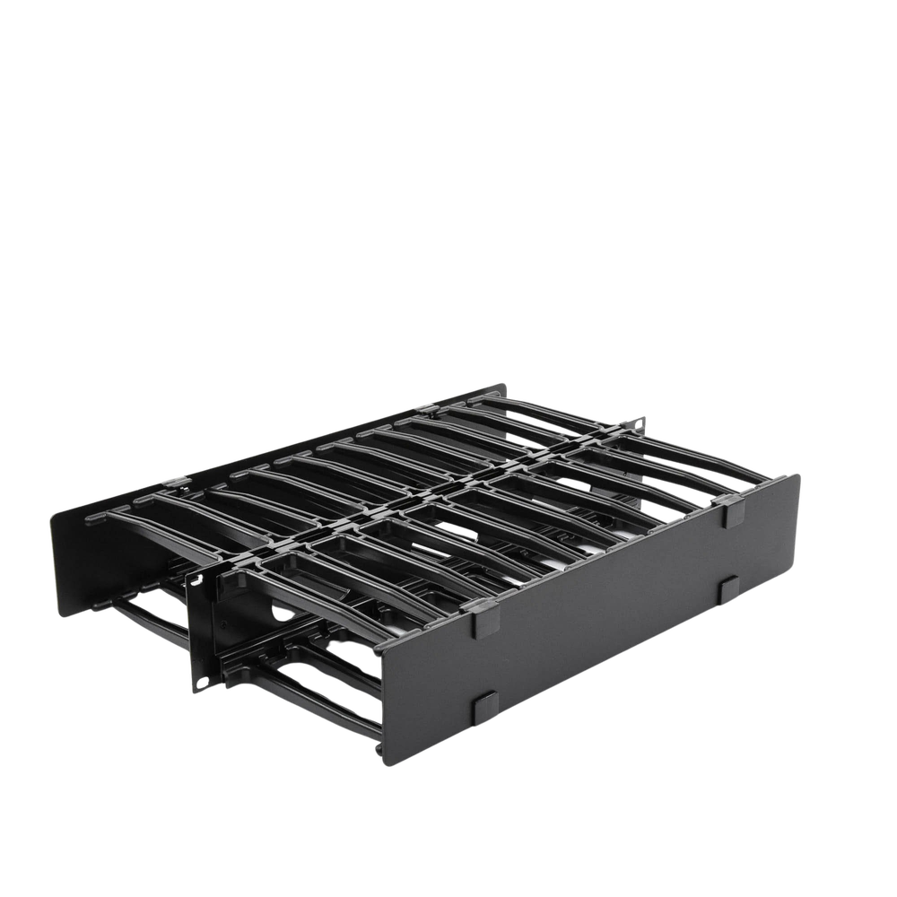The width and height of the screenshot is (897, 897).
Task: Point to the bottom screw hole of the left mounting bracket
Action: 202,684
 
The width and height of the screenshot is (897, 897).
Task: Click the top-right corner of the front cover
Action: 798,473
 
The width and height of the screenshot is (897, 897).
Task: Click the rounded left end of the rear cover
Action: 54,556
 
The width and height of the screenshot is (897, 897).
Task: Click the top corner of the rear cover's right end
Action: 508,384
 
